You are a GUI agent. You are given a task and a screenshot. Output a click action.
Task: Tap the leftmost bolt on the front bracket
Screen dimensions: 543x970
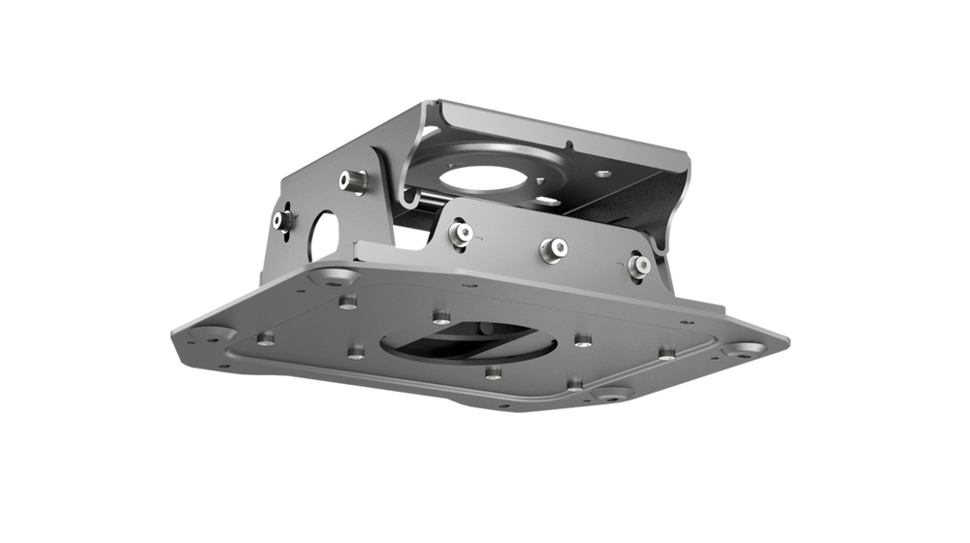coord(464,233)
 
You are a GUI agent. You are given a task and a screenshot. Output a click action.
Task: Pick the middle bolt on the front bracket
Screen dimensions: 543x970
coord(553,248)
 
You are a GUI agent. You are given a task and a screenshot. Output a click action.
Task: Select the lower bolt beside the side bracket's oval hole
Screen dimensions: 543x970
coord(283,221)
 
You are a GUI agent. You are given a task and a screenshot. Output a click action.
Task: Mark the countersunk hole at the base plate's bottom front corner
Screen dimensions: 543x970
coord(611,394)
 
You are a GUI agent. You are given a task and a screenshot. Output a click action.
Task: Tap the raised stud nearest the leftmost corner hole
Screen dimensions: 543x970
coord(265,338)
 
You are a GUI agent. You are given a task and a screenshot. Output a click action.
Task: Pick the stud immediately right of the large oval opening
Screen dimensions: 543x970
coord(582,339)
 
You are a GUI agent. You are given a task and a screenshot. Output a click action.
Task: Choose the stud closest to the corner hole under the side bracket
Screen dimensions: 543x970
coord(347,303)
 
